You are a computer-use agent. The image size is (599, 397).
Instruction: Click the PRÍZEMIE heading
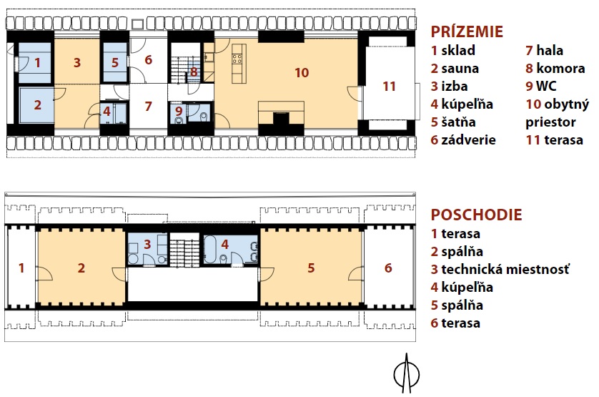pos(467,31)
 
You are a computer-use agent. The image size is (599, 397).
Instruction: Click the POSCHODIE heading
pos(476,215)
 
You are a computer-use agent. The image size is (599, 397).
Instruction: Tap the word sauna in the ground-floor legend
pos(460,69)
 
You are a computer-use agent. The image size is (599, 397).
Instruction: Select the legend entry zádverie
pos(468,140)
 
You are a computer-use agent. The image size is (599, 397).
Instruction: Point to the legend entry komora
pos(560,69)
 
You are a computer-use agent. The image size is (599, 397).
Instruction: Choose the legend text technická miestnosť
pos(505,269)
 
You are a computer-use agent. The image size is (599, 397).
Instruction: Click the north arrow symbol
pos(407,373)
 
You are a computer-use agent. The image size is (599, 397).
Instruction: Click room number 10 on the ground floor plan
pos(302,73)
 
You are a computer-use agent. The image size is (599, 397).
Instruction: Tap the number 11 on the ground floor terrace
pos(389,87)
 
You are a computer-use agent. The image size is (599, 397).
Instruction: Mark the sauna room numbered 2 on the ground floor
pos(37,105)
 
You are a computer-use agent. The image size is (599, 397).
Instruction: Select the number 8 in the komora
pos(194,72)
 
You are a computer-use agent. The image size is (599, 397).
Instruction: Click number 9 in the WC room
pos(179,112)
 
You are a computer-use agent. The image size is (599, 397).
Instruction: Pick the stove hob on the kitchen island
pos(237,59)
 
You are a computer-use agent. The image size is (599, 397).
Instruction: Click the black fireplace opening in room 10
pos(281,119)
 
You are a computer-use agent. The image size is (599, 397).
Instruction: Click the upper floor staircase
pos(184,253)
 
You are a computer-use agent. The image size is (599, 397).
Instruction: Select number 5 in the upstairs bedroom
pos(311,268)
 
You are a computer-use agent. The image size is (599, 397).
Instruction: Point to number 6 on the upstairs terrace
pos(388,268)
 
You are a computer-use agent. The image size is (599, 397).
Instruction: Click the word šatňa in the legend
pos(458,122)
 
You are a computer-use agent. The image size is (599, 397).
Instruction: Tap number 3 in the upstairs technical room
pos(147,245)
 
